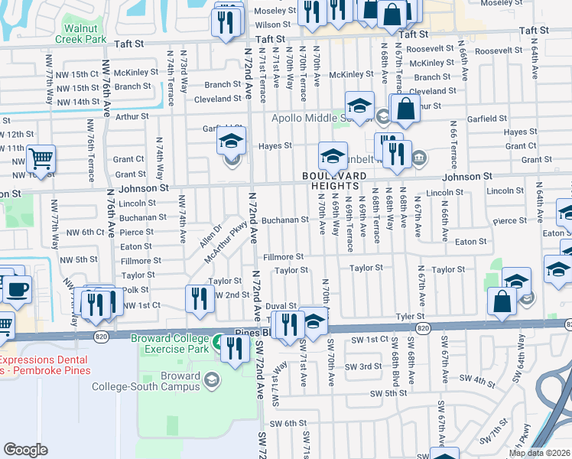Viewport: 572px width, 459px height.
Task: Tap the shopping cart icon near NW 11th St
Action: (41, 160)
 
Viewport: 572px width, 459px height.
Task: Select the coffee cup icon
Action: (18, 291)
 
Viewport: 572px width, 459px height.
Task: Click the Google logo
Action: (25, 450)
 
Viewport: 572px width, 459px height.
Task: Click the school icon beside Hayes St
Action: (231, 142)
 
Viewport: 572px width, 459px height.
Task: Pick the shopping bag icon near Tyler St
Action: (502, 303)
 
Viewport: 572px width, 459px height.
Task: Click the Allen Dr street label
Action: (210, 236)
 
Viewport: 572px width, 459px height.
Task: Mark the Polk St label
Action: (135, 290)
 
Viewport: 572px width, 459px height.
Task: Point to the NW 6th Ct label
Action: (85, 232)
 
